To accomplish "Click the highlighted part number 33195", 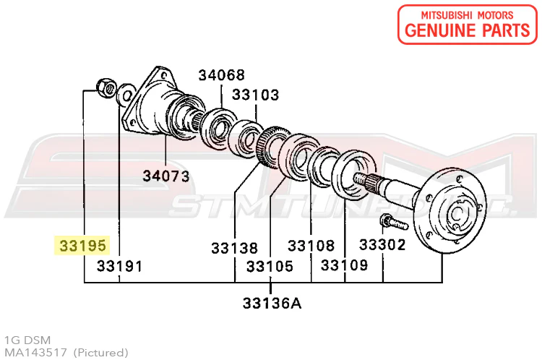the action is pyautogui.click(x=82, y=246).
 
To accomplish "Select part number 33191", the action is pyautogui.click(x=119, y=266).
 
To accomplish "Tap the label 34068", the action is pyautogui.click(x=222, y=75).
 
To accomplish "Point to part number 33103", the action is pyautogui.click(x=255, y=95).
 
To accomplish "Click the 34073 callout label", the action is pyautogui.click(x=166, y=176).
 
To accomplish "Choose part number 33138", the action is pyautogui.click(x=235, y=248).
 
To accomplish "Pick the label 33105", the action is pyautogui.click(x=270, y=266).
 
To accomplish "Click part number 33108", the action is pyautogui.click(x=311, y=246).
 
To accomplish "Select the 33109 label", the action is pyautogui.click(x=344, y=265).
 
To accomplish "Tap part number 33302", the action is pyautogui.click(x=382, y=245).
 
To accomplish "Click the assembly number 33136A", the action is pyautogui.click(x=272, y=304).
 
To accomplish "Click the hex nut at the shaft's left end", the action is pyautogui.click(x=106, y=88).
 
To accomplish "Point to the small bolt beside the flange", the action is pyautogui.click(x=393, y=223).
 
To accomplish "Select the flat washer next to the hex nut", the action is pyautogui.click(x=126, y=95).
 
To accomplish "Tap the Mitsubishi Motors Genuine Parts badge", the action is pyautogui.click(x=468, y=25).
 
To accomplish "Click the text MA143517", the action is pyautogui.click(x=35, y=352).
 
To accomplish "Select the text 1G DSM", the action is pyautogui.click(x=27, y=340).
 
